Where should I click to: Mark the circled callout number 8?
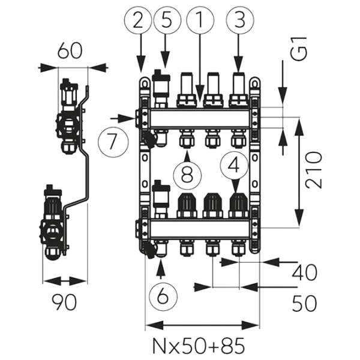(x=187, y=175)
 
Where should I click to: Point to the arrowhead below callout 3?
(x=239, y=70)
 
